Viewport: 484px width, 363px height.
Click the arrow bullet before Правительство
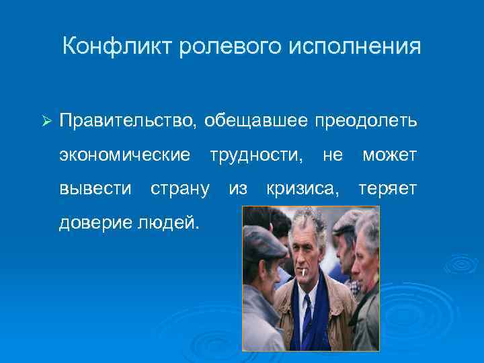46,121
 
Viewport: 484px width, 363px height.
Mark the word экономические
125,155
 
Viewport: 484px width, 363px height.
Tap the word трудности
256,155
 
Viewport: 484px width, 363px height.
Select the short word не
333,155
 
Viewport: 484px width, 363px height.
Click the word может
390,155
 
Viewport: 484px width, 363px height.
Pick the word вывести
95,189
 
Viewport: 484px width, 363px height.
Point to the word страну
179,189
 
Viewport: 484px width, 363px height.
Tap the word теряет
388,189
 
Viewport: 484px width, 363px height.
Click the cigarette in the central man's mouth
303,273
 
